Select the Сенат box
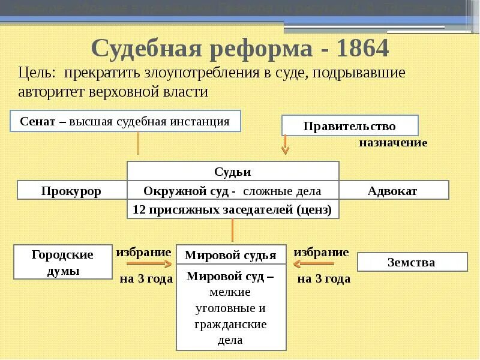point(125,121)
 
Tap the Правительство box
point(350,126)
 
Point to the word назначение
point(393,143)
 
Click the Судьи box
point(233,172)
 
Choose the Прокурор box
point(71,191)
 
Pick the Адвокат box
point(394,191)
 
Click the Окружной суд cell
point(233,191)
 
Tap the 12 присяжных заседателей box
point(233,209)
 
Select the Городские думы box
point(62,262)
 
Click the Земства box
point(412,262)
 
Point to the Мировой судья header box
point(230,255)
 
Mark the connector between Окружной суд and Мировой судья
point(232,231)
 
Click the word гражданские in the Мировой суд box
point(231,324)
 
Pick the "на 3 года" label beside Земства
point(324,278)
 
